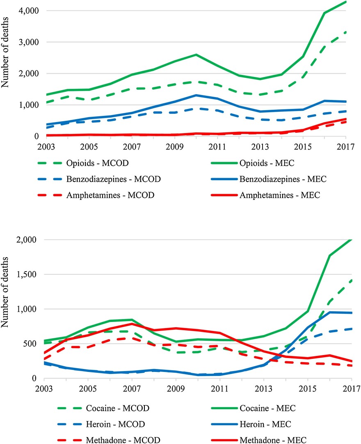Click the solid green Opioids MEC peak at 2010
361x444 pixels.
(x=196, y=54)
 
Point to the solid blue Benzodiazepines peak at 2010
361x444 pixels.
(x=196, y=95)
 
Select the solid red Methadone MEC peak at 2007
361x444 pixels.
(x=132, y=324)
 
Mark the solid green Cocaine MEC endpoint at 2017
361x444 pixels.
(x=352, y=240)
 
